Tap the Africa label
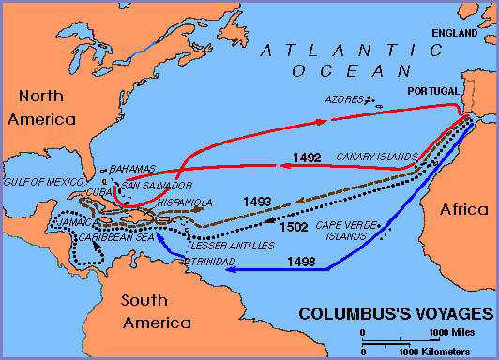click(x=463, y=210)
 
